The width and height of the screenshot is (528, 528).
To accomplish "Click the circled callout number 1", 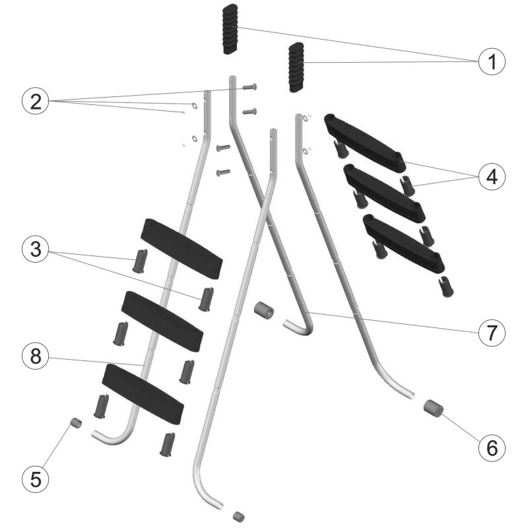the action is click(492, 61).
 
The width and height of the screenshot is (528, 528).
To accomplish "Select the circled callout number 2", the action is click(36, 101).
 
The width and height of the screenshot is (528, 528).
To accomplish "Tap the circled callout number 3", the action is click(36, 249).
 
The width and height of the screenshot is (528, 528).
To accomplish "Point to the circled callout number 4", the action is click(492, 176).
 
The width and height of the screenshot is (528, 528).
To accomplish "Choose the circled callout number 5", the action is click(36, 479).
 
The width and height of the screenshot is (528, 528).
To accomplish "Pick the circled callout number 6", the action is click(492, 448).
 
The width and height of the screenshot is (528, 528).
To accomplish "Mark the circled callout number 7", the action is click(492, 333).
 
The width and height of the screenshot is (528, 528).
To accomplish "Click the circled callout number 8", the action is click(36, 356).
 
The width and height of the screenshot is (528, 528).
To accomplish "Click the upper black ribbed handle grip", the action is click(230, 29).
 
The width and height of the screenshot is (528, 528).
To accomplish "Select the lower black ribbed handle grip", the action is click(296, 67).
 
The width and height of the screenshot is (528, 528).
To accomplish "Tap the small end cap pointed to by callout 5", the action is click(76, 423).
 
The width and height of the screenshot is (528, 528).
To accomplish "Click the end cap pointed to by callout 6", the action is click(434, 408).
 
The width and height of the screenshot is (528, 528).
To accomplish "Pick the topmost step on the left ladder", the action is click(181, 249).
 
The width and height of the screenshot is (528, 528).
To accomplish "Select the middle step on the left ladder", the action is click(162, 321).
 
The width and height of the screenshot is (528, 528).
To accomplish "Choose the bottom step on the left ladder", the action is click(143, 393).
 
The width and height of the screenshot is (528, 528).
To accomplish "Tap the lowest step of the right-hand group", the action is click(403, 244).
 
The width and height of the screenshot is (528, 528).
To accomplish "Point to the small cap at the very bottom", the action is click(238, 516).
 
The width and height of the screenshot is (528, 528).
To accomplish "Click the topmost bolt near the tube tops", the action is click(249, 87).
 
